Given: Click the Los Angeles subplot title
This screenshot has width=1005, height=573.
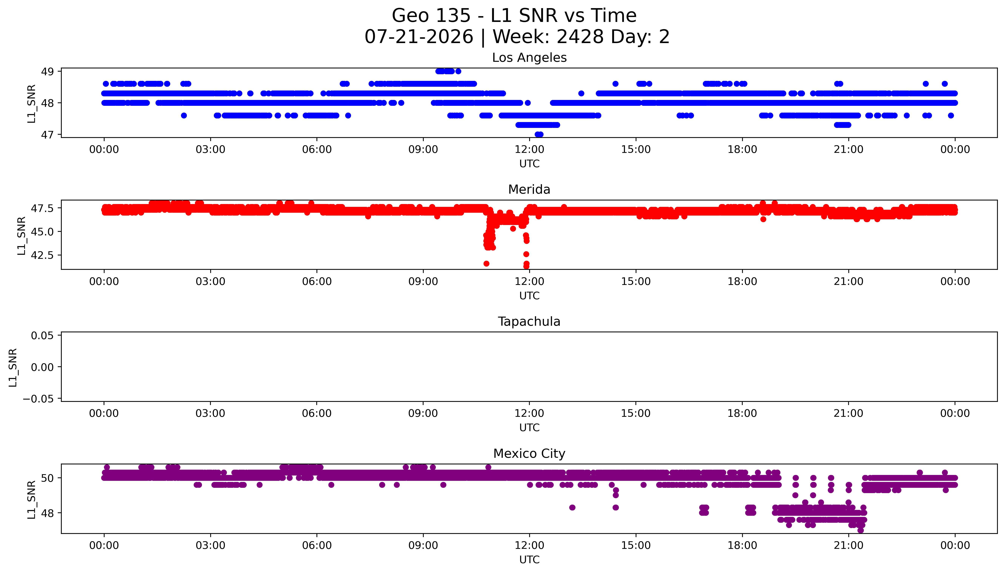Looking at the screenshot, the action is (529, 58).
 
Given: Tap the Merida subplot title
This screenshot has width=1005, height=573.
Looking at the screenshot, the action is (529, 190).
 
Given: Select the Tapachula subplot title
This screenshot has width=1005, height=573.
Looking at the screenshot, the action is (529, 322).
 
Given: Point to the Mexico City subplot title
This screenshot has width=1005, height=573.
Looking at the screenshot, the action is (529, 454).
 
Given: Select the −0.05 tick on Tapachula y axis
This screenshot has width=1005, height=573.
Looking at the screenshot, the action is (38, 399).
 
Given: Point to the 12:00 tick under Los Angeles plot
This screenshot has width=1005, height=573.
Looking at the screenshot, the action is (529, 150).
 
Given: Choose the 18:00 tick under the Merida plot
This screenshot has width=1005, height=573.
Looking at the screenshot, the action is (742, 281).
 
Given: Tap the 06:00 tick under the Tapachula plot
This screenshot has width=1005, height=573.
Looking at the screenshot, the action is (317, 413).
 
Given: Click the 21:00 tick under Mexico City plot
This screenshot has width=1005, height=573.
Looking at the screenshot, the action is (849, 545).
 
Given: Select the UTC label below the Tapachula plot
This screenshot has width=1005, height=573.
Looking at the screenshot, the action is (529, 427).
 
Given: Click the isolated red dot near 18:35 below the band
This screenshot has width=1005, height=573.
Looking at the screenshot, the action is (763, 219).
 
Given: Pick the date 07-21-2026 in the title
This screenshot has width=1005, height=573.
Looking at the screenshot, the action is (419, 37).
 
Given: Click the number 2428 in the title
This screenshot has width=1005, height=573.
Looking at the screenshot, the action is (580, 37).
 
